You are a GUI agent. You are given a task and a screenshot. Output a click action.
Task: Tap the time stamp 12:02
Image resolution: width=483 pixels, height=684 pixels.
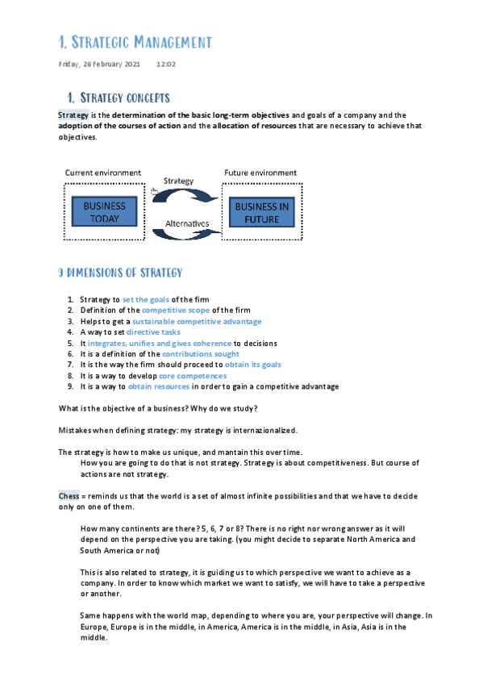click(166, 65)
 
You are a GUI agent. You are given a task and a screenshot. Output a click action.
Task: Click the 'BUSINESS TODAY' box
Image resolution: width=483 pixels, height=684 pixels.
click(104, 212)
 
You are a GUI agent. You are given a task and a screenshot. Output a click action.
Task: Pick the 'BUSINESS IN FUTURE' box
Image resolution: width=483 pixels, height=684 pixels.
click(262, 212)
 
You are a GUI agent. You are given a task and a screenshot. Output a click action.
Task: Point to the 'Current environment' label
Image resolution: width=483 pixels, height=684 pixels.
click(103, 173)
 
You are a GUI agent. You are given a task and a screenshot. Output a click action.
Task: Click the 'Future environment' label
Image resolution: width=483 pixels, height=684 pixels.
click(260, 173)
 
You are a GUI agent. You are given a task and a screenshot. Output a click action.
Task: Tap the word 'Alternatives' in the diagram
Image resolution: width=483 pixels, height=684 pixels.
click(187, 223)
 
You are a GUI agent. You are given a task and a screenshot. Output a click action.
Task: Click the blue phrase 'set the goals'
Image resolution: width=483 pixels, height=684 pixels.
click(145, 300)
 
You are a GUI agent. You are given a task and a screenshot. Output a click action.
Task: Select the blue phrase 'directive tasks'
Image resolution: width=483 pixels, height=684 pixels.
click(153, 332)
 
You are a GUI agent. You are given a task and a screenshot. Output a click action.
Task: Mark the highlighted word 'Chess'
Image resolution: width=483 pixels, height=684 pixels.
click(69, 495)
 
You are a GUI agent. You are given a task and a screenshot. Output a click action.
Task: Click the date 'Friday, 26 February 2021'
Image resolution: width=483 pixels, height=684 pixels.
click(100, 65)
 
